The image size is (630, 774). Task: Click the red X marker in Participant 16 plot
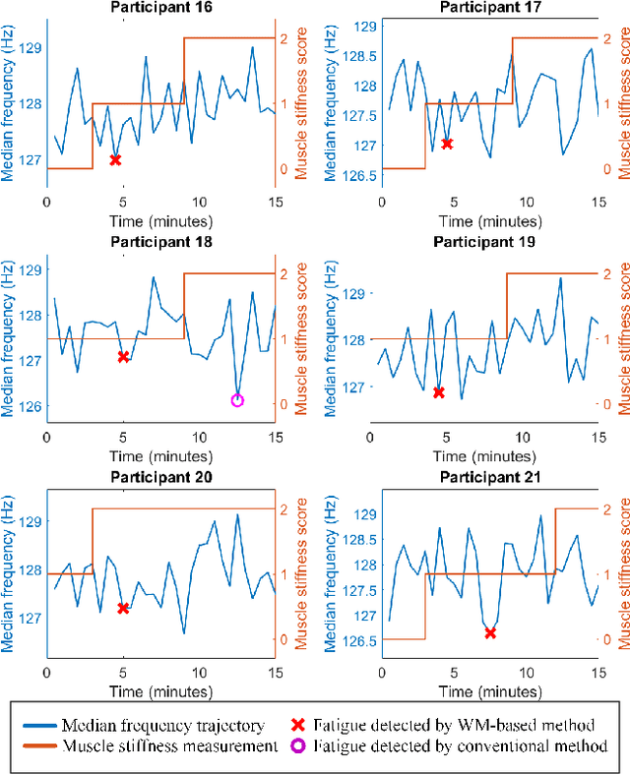coord(115,159)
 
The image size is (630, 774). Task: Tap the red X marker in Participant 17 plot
coord(448,144)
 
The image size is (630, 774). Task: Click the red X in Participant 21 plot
coord(490,633)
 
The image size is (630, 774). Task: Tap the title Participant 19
coord(483,241)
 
